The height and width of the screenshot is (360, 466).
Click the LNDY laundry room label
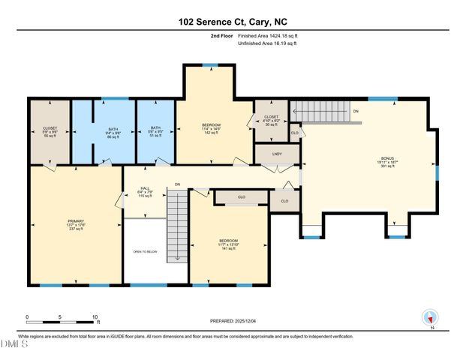pos(277,154)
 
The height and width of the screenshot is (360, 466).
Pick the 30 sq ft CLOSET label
pos(271,121)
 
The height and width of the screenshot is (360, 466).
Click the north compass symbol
pos(430,318)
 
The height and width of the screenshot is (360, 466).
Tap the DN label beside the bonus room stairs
pos(355,111)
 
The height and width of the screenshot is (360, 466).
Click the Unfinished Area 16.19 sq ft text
pos(267,43)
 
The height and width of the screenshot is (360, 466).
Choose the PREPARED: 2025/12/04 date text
pos(233,321)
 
